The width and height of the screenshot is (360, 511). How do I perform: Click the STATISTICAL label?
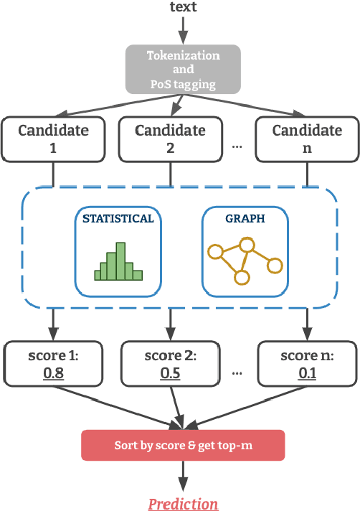[x=118, y=219]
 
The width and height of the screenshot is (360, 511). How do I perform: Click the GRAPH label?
[x=246, y=219]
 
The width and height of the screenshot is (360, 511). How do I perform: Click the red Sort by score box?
[x=183, y=445]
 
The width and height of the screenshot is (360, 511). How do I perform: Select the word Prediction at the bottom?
[x=183, y=503]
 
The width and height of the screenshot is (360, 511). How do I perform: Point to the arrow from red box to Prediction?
[x=183, y=475]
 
